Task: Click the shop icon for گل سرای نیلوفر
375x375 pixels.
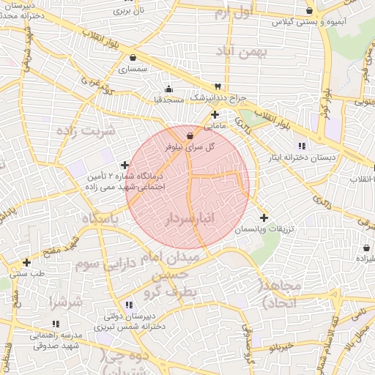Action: click(x=190, y=135)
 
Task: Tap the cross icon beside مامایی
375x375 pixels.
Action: click(x=215, y=114)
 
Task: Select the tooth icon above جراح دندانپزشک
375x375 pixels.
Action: click(x=217, y=86)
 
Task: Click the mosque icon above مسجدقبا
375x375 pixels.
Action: click(x=169, y=89)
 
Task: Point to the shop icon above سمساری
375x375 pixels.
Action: click(x=133, y=58)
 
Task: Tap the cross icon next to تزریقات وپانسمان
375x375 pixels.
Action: click(x=264, y=218)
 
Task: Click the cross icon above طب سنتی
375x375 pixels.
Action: click(x=27, y=261)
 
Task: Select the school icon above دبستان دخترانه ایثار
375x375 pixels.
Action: click(x=302, y=146)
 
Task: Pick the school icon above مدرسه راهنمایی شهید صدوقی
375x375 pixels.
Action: click(x=56, y=323)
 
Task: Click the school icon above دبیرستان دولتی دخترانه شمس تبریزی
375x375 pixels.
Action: click(x=129, y=304)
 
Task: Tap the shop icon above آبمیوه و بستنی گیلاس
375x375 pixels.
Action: click(x=310, y=11)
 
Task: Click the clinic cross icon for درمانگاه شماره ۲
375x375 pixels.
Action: click(x=125, y=165)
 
